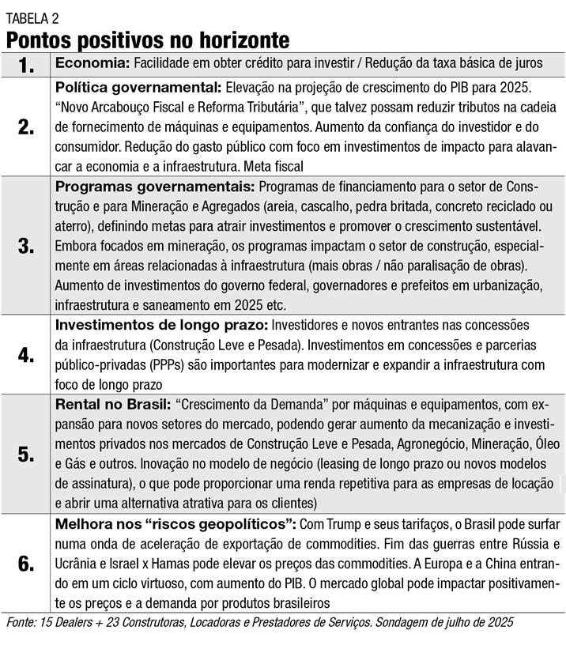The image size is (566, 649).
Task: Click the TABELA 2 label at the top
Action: click(x=32, y=17)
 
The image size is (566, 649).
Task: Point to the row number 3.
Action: click(x=27, y=245)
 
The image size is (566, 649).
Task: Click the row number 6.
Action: click(x=27, y=564)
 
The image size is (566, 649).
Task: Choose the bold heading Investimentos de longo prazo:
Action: click(x=162, y=324)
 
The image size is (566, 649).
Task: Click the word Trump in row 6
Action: click(x=345, y=525)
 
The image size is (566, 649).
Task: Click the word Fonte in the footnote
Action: click(x=21, y=623)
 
